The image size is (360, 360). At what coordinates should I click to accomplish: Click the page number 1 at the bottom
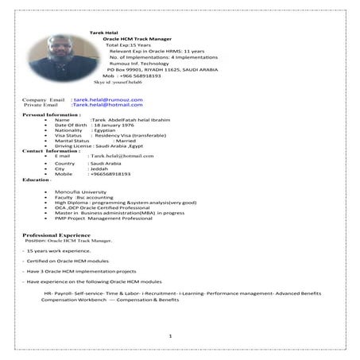pos(170,337)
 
